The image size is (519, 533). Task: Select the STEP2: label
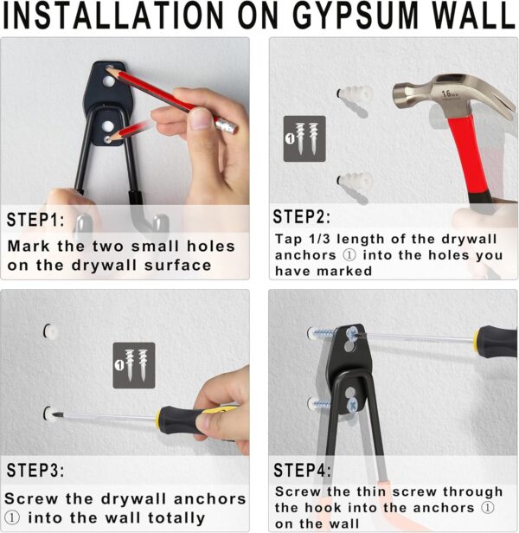pos(302,217)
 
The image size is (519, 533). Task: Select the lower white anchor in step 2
pos(352,183)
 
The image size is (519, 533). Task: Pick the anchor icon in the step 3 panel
pos(133,364)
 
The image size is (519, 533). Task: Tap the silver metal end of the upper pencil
pos(226,126)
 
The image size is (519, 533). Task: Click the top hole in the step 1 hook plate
pos(109,80)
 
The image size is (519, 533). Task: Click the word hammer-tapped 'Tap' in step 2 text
pos(288,240)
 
